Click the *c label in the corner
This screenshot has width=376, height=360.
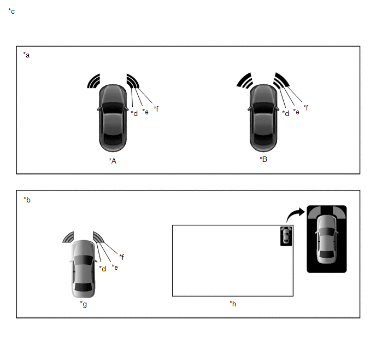tap(11, 11)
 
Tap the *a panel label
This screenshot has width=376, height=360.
tap(26, 55)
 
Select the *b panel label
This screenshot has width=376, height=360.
tap(27, 200)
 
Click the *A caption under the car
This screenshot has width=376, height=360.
tap(113, 161)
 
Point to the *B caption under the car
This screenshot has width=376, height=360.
tap(263, 159)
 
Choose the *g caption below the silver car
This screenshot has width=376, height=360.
tap(83, 304)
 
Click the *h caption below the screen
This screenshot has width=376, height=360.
tap(233, 304)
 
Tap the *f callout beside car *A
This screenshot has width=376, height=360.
tap(156, 109)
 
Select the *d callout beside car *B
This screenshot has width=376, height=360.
tap(285, 113)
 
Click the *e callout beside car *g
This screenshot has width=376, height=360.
tap(115, 267)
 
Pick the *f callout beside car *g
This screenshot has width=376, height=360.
tap(121, 257)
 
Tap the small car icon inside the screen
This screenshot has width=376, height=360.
tap(286, 236)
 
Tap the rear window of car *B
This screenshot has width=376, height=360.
tap(263, 140)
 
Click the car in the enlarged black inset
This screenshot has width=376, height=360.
tap(327, 239)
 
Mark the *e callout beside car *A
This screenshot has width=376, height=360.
tap(145, 112)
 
